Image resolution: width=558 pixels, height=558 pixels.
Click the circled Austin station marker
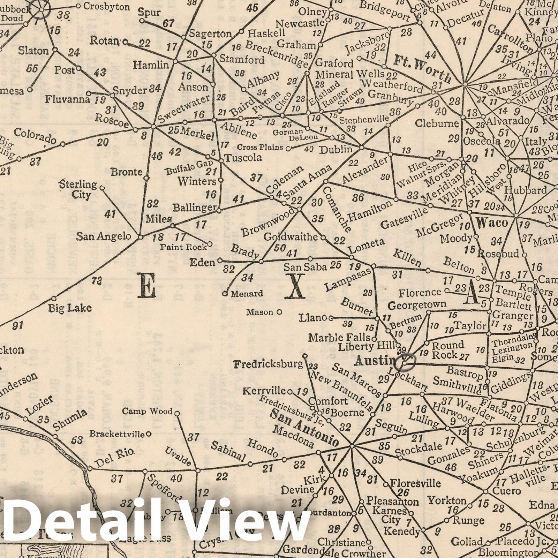pyautogui.click(x=406, y=361)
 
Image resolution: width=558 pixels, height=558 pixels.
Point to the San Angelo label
pyautogui.click(x=104, y=236)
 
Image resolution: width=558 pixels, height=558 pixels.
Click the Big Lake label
pyautogui.click(x=70, y=308)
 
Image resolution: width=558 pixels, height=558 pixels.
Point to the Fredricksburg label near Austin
pyautogui.click(x=268, y=365)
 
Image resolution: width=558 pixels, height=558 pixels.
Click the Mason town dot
pyautogui.click(x=279, y=312)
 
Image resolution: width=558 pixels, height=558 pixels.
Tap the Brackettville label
pyautogui.click(x=117, y=434)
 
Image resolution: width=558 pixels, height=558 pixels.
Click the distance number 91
pyautogui.click(x=18, y=326)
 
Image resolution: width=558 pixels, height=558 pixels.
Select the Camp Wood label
pyautogui.click(x=147, y=412)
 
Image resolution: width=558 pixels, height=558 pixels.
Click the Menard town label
pyautogui.click(x=246, y=294)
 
